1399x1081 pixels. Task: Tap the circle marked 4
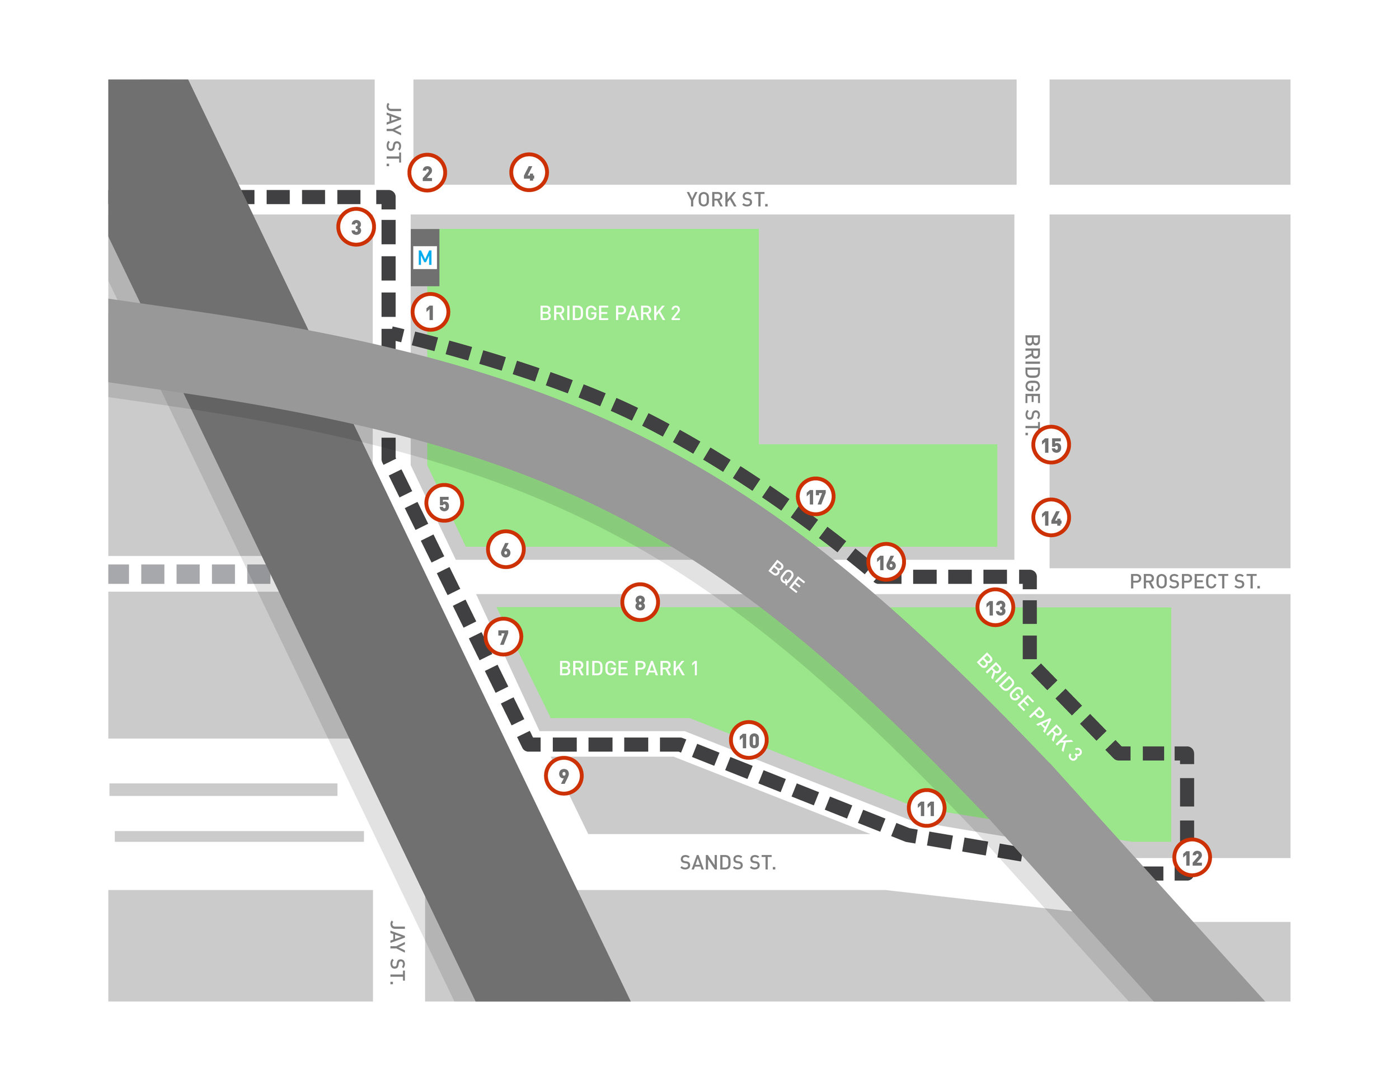(528, 172)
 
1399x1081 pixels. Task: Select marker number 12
(1191, 858)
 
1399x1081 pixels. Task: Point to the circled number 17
(815, 496)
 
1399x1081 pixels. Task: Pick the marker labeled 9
(563, 775)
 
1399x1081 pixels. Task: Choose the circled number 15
(1050, 444)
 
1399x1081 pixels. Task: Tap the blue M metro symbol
(425, 257)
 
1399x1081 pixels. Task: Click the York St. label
(727, 200)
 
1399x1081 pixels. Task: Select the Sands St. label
(727, 863)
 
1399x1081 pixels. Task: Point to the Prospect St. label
(1195, 581)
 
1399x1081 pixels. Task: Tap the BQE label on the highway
(786, 576)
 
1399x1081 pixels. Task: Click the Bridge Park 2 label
(609, 313)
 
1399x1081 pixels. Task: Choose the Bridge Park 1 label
(628, 669)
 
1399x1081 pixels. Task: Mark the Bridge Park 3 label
(1029, 707)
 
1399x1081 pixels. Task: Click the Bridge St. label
(1032, 384)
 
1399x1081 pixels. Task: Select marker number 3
(356, 227)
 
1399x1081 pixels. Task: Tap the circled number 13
(995, 607)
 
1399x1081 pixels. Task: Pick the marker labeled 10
(748, 740)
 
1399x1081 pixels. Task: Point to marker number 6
(505, 549)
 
